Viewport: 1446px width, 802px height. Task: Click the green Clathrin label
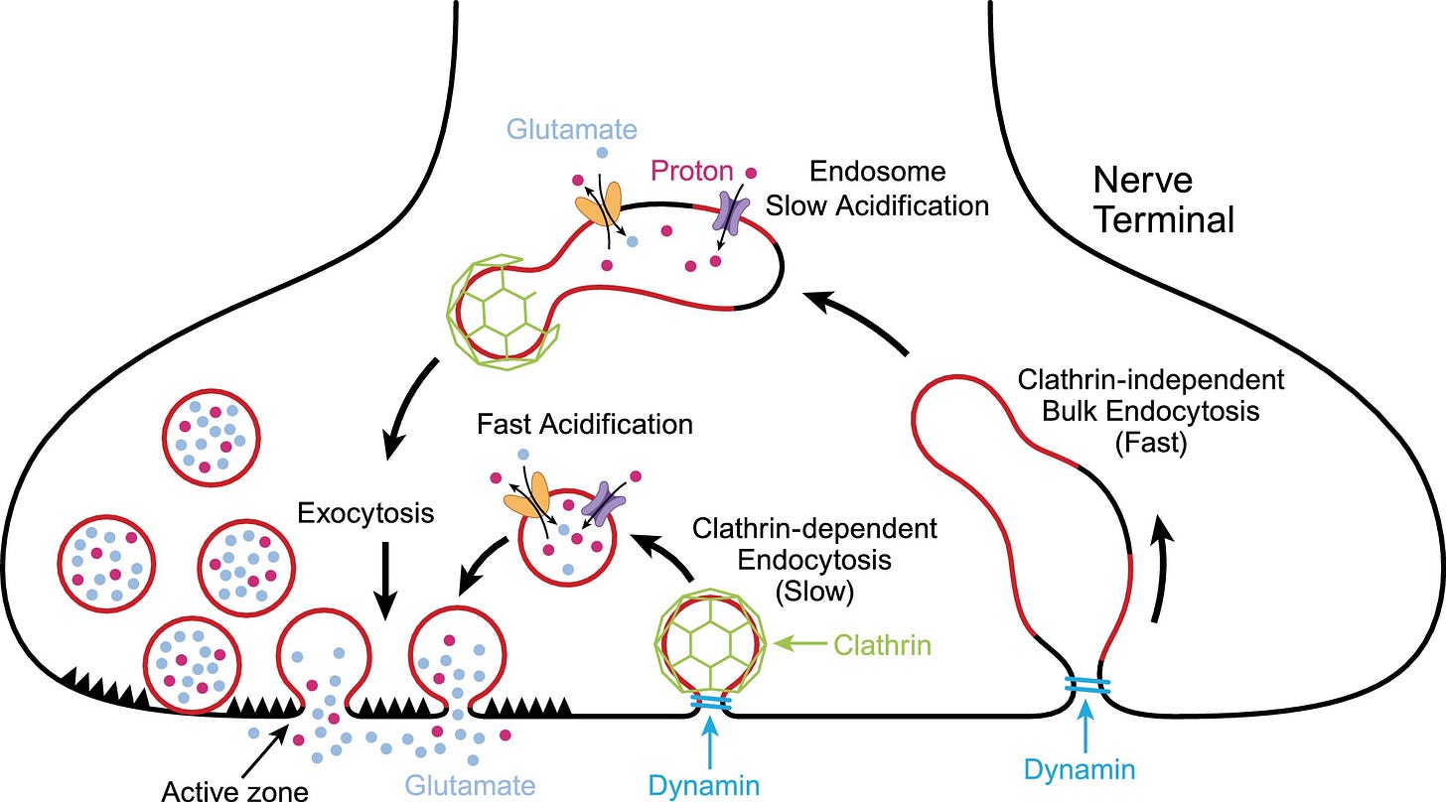click(x=882, y=645)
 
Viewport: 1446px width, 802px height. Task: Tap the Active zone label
click(x=234, y=790)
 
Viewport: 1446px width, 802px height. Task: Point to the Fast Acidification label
click(x=584, y=425)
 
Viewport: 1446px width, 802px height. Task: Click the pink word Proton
click(x=692, y=172)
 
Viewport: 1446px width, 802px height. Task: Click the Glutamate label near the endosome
click(x=572, y=129)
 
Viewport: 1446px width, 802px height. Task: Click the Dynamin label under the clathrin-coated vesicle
click(x=704, y=785)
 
